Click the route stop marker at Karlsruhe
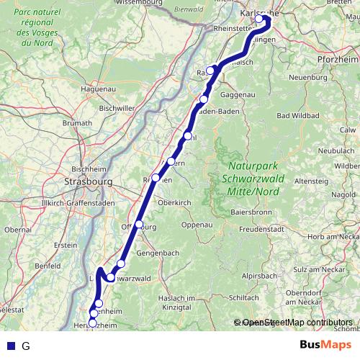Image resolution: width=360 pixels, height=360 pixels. (259, 19)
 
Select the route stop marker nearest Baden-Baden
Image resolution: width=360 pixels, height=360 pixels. (204, 99)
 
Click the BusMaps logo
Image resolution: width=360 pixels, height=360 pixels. (326, 345)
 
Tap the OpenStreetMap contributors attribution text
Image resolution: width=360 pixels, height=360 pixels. (297, 323)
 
